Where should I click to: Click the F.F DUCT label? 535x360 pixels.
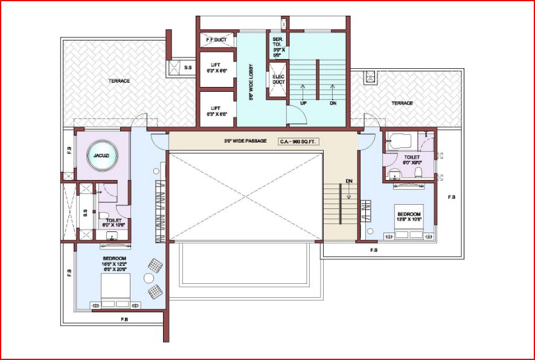[x=216, y=40]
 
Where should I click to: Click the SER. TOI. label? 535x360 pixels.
[x=277, y=46]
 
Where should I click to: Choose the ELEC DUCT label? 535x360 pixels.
[x=278, y=80]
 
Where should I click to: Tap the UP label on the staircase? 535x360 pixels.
[x=303, y=103]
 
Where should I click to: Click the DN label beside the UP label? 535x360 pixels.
[x=332, y=103]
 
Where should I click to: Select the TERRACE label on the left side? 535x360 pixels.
[x=119, y=81]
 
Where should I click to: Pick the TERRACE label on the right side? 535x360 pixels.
[x=402, y=103]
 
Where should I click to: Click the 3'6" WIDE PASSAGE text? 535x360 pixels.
[x=245, y=141]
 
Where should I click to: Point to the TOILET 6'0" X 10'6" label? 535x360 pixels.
[x=114, y=223]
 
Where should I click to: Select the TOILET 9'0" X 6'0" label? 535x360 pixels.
[x=412, y=159]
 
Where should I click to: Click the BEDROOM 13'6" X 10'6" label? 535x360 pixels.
[x=409, y=216]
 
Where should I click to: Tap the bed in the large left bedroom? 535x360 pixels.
[x=114, y=289]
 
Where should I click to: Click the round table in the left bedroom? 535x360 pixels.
[x=148, y=278]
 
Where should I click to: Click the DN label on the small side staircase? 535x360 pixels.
[x=349, y=181]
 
